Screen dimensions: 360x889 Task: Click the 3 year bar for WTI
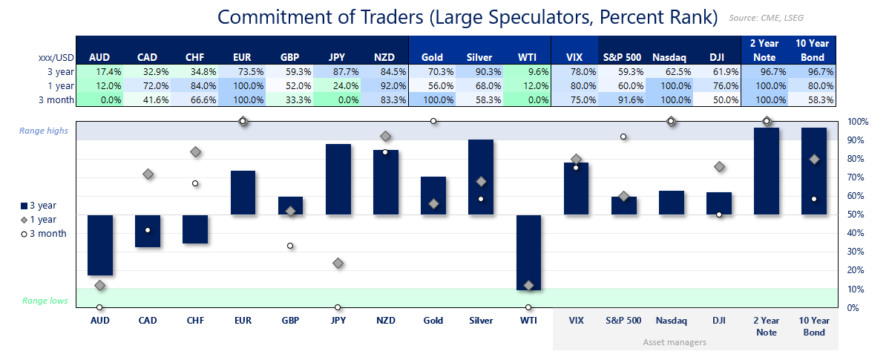[x=528, y=252]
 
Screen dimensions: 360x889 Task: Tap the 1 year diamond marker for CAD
[x=148, y=174]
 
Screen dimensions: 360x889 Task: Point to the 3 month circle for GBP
[x=290, y=246]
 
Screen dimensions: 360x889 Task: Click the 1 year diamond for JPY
[x=338, y=263]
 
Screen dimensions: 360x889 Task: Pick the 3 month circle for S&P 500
[x=623, y=137]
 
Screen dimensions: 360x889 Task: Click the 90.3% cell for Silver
[x=480, y=72]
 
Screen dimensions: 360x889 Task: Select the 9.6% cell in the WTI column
[x=528, y=72]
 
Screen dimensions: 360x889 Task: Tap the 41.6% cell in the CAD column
[x=148, y=99]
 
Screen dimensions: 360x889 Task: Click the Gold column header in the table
[x=433, y=57]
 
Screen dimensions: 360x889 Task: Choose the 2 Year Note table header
[x=766, y=50]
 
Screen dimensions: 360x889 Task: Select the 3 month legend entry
[x=45, y=233]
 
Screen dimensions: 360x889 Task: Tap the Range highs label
[x=44, y=131]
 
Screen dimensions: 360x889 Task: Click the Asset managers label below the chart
[x=675, y=342]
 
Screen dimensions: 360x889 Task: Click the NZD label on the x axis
[x=385, y=321]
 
